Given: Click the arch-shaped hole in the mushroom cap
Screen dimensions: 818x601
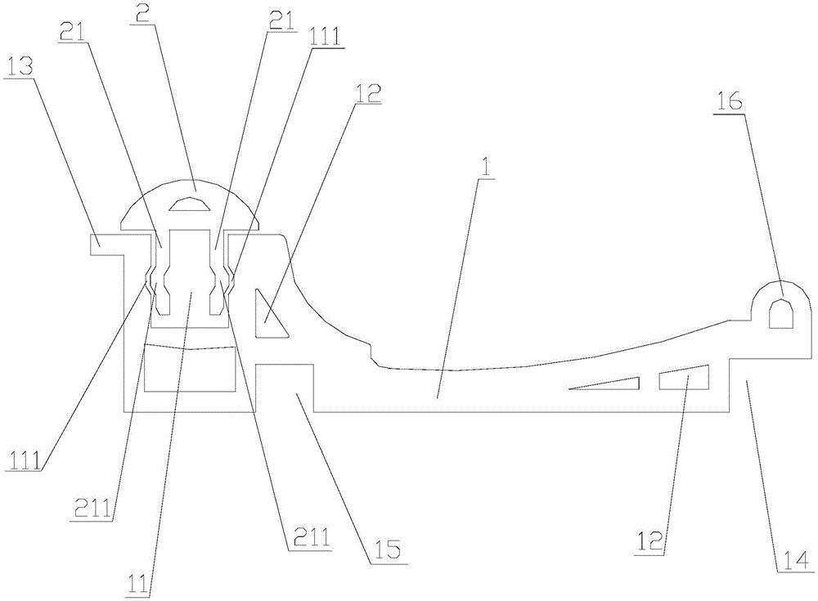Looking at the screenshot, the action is click(x=196, y=203).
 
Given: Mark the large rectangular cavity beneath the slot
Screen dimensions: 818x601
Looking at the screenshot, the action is click(x=189, y=368).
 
